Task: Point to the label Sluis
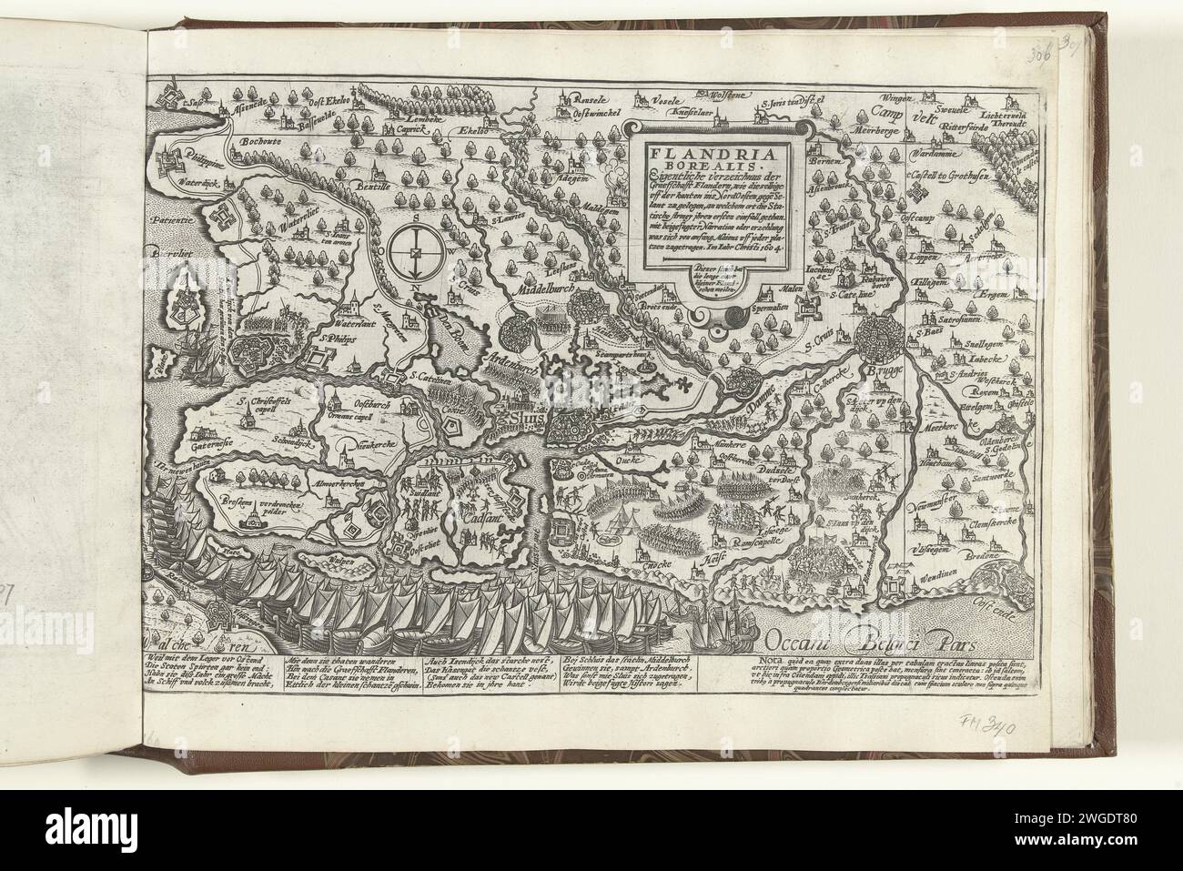tap(521, 419)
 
